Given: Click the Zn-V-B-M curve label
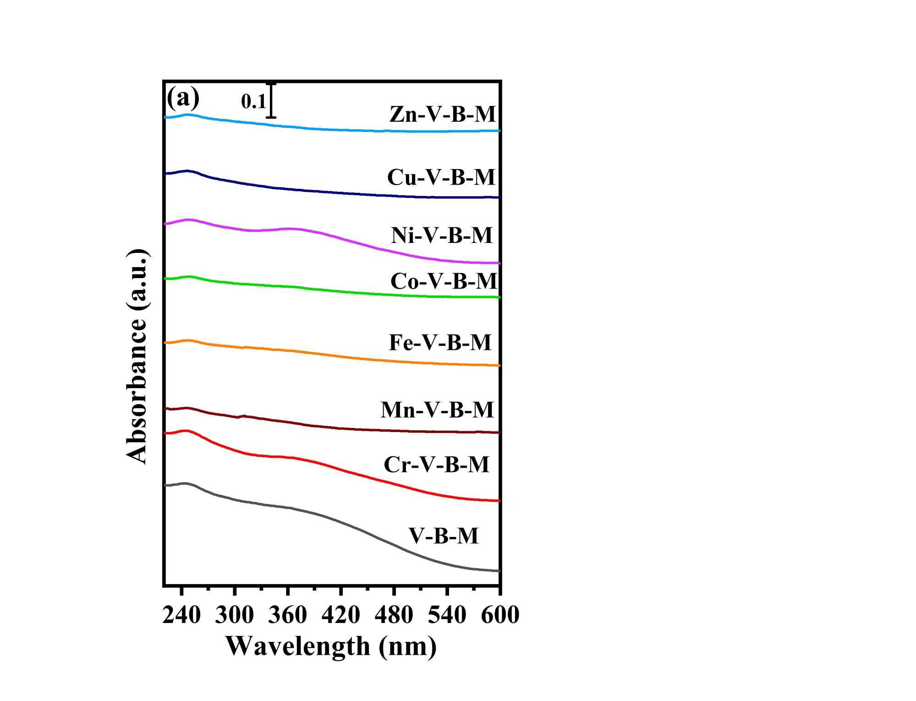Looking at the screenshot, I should (x=443, y=114).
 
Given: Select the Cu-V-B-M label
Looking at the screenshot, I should (x=441, y=177).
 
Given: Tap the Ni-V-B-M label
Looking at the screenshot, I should (x=442, y=235).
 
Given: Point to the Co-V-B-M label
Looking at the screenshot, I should (x=444, y=281).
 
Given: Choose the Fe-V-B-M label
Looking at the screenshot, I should (x=440, y=343).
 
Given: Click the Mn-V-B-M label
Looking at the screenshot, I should (x=437, y=410).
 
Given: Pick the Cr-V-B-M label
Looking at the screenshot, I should (x=436, y=465).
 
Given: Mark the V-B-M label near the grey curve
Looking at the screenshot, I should (x=444, y=536).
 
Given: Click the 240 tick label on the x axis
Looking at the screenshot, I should (x=181, y=615).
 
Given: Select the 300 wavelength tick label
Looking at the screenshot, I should (x=234, y=615).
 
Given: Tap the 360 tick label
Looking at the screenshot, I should (x=287, y=615).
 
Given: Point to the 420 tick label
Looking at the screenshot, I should (x=340, y=615).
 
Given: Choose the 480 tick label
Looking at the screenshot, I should (x=394, y=615).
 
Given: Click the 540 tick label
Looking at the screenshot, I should (x=447, y=615).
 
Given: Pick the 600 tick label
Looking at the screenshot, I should (x=500, y=615).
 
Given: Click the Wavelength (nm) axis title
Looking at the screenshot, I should (x=331, y=646).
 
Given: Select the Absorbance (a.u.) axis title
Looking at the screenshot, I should (x=137, y=356).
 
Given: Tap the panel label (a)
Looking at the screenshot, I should (x=183, y=98).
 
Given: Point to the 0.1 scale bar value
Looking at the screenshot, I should (x=253, y=101).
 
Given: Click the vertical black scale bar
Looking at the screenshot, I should (x=272, y=101).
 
